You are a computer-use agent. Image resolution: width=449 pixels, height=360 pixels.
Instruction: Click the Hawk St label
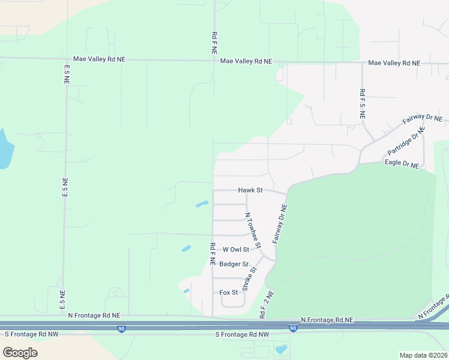click(250, 190)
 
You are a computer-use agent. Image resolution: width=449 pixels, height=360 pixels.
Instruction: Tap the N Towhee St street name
click(253, 230)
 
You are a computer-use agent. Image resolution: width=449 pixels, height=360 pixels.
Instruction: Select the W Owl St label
click(235, 250)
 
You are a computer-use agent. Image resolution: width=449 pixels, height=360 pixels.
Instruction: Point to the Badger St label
click(234, 264)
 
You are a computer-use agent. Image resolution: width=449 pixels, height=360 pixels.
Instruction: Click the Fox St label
click(229, 292)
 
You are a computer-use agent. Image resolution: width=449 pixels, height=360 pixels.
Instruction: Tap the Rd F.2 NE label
click(266, 305)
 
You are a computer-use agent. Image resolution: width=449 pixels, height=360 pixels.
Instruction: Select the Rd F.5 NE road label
click(363, 104)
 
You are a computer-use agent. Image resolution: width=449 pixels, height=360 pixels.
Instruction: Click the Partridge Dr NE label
click(407, 143)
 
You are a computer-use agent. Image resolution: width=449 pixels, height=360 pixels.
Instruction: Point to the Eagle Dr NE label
click(402, 163)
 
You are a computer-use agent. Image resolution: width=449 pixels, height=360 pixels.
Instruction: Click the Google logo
click(20, 352)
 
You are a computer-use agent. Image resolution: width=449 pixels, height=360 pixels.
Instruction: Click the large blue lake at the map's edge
click(4, 149)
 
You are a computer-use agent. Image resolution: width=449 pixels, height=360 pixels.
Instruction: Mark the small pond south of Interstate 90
click(280, 349)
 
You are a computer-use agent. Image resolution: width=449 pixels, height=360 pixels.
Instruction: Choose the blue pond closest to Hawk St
click(202, 205)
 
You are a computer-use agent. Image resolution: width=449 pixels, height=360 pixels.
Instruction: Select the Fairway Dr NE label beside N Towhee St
click(280, 223)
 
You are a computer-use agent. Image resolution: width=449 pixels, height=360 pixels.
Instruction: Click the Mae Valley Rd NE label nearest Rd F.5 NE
click(394, 63)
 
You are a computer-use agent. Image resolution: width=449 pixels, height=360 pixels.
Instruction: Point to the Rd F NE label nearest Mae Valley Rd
click(214, 43)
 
